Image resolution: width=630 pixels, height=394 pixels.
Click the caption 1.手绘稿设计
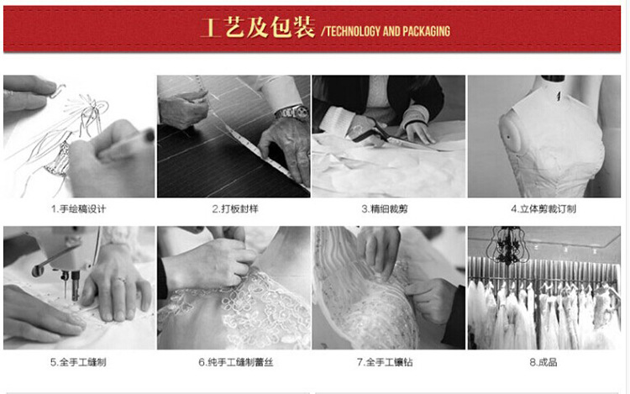click(x=79, y=209)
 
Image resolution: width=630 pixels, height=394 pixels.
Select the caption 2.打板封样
click(x=235, y=209)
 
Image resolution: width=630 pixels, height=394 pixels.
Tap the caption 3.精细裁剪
click(x=385, y=209)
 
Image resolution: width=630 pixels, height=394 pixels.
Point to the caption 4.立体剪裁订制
click(x=543, y=209)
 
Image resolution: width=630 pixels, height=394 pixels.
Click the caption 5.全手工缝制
click(x=78, y=362)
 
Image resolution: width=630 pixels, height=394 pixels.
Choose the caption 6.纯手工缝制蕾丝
click(x=236, y=362)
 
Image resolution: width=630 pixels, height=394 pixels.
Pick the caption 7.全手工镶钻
click(x=385, y=362)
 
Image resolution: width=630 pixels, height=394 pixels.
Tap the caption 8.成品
click(x=543, y=362)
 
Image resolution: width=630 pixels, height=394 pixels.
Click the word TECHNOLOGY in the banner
click(x=353, y=31)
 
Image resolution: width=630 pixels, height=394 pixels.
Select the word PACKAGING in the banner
click(x=426, y=31)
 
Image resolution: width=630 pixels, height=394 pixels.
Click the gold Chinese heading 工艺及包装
click(x=258, y=28)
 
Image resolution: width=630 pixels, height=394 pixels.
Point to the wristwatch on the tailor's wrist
click(x=292, y=113)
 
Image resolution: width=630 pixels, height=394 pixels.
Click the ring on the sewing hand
click(x=121, y=281)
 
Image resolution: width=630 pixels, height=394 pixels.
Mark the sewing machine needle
click(x=66, y=288)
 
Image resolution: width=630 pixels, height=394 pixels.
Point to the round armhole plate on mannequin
click(x=510, y=135)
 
